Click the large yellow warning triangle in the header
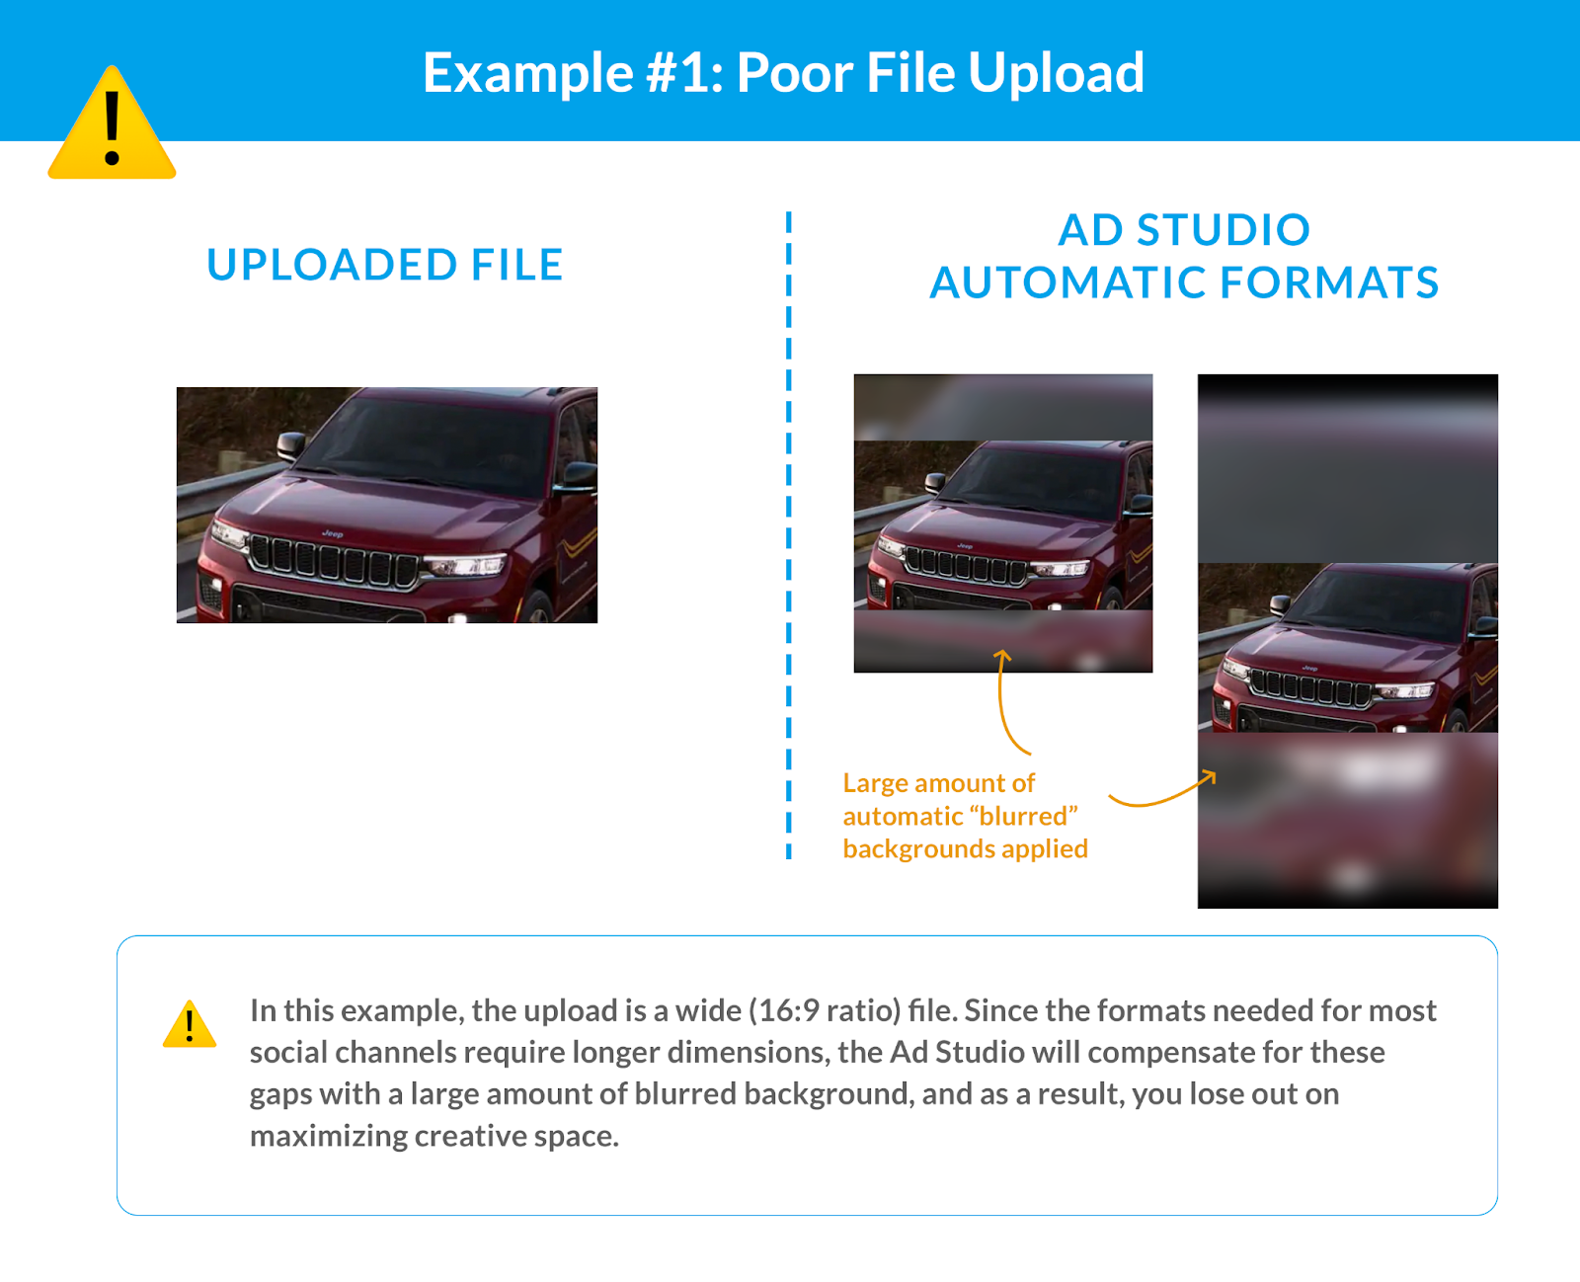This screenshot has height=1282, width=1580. click(112, 124)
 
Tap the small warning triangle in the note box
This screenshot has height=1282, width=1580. click(190, 1024)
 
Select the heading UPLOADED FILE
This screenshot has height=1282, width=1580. click(385, 265)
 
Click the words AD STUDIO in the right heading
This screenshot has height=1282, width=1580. click(1185, 230)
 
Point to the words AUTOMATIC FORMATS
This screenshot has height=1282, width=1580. click(1185, 282)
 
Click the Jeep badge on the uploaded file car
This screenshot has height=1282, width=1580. click(333, 533)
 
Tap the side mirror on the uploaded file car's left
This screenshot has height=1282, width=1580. click(291, 446)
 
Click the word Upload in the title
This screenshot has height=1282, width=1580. click(1056, 73)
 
